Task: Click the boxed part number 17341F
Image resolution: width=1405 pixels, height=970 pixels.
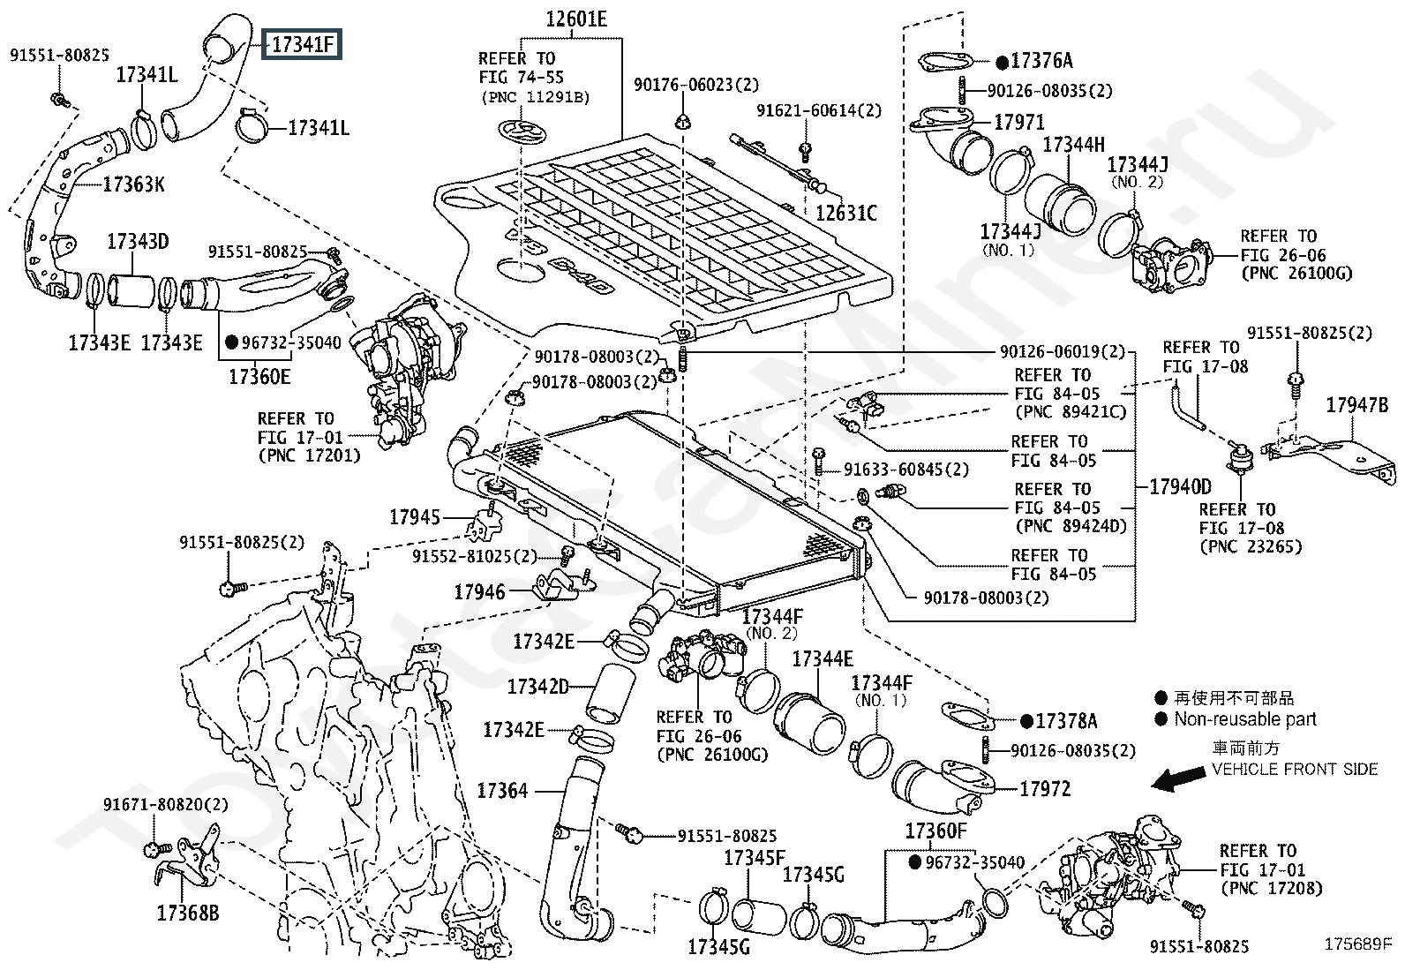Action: [302, 42]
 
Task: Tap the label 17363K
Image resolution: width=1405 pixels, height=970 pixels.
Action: [133, 184]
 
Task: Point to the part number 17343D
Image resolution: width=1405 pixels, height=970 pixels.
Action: [138, 241]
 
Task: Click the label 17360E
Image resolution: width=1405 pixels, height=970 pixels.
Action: [259, 377]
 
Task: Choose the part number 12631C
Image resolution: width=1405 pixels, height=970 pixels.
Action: [845, 213]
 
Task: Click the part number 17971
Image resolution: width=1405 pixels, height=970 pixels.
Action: [1019, 122]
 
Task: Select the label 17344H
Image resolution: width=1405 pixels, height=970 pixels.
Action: [1073, 145]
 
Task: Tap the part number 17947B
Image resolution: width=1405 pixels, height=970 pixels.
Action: [1357, 405]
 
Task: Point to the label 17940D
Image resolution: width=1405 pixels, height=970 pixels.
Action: [1180, 486]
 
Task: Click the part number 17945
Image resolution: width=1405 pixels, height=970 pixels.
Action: [414, 516]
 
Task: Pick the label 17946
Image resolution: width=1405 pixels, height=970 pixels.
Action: [479, 591]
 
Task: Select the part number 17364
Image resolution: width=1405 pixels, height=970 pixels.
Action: [502, 790]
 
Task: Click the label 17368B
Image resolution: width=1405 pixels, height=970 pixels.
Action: [187, 913]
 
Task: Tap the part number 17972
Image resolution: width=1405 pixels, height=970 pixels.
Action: [1045, 788]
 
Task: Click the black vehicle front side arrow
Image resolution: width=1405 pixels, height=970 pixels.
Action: [1180, 778]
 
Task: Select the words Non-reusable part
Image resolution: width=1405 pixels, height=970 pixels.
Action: [1244, 719]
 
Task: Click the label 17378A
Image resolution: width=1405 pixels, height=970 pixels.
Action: [1066, 721]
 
